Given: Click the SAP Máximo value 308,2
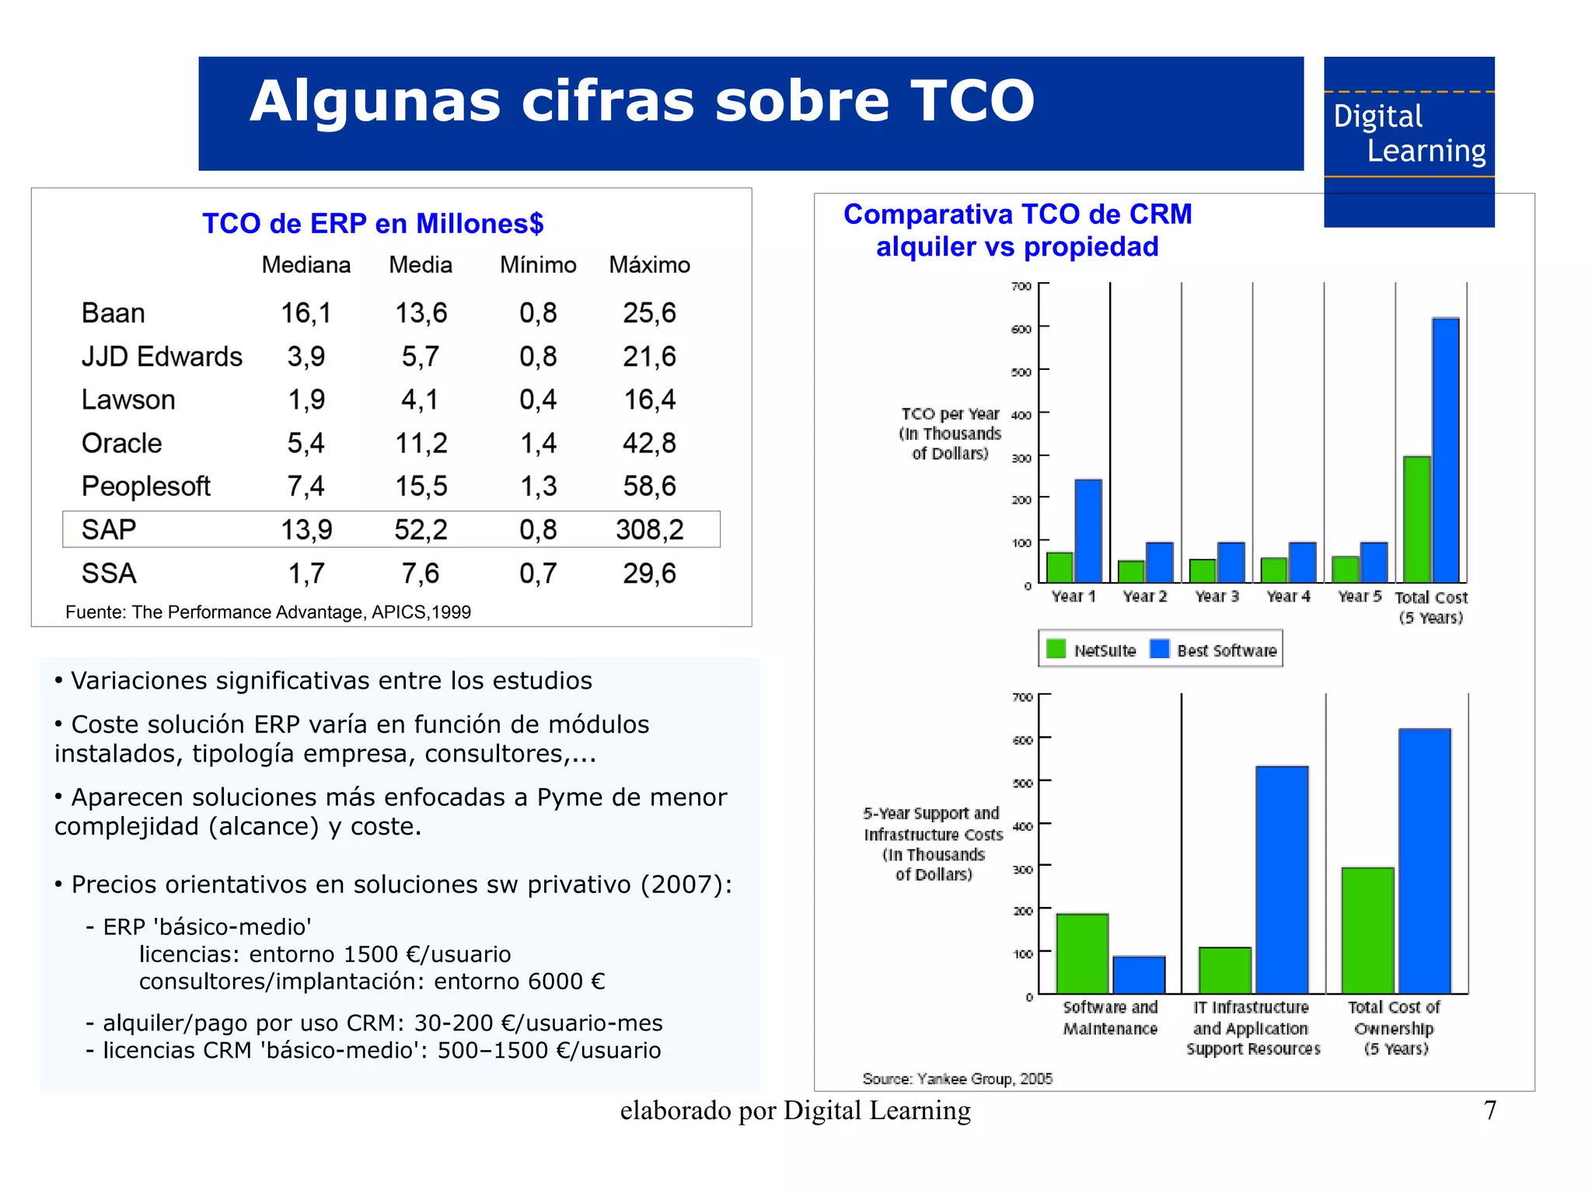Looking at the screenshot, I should click(649, 530).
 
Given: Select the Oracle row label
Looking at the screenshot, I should click(122, 443).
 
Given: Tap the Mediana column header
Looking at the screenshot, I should click(305, 265).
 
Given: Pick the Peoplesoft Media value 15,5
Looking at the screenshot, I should click(421, 487).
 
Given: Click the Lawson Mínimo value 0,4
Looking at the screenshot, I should click(538, 399).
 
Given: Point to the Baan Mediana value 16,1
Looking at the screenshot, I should click(305, 313).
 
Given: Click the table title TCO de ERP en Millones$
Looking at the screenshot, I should click(372, 224).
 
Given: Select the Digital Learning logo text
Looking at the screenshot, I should click(1409, 134).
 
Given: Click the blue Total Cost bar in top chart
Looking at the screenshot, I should click(1445, 451).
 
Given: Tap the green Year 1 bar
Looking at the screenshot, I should click(1060, 567).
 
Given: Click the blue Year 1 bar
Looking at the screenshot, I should click(1088, 532).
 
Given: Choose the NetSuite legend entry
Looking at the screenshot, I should click(1091, 650).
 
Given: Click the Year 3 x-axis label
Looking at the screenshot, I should click(1217, 596).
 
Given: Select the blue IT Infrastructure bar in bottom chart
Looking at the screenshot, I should click(1281, 880).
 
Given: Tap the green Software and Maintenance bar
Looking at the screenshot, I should click(1081, 954).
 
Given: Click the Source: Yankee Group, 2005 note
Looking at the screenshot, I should click(957, 1079).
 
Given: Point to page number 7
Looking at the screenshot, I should click(1489, 1110).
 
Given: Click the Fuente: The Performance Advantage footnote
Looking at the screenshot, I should click(267, 612).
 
